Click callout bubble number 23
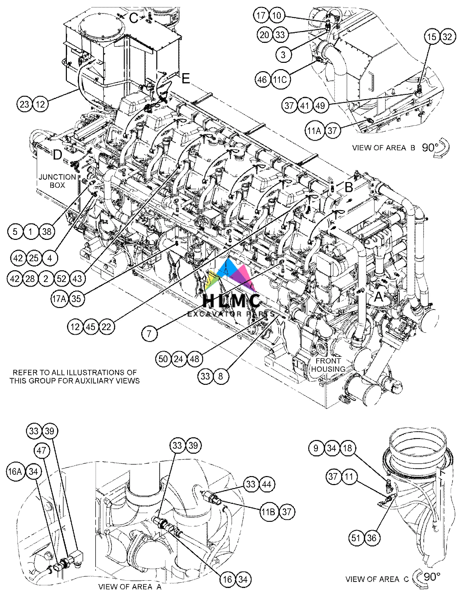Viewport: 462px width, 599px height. [24, 104]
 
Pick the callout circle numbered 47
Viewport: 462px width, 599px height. [41, 451]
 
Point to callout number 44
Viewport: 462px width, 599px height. [266, 484]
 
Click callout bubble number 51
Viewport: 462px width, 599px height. [356, 538]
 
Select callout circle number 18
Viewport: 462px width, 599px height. [347, 448]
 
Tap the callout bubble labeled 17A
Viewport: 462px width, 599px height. [60, 299]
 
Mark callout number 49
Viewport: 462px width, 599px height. [320, 106]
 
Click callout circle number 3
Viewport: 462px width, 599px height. [283, 54]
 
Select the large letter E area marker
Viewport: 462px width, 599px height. [186, 79]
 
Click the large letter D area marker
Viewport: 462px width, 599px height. [57, 155]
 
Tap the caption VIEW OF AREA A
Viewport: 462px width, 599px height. [130, 586]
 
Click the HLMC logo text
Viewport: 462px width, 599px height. [232, 301]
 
